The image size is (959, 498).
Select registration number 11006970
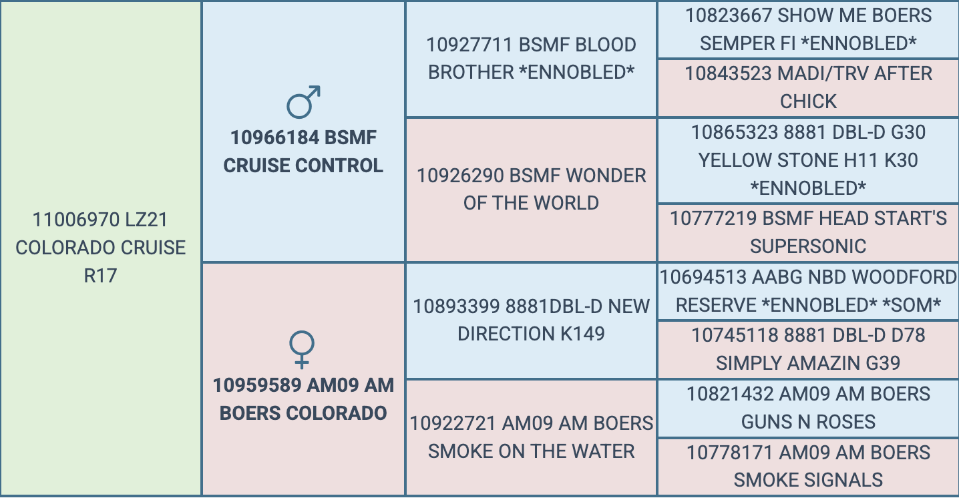[75, 220]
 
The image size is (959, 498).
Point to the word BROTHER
[471, 72]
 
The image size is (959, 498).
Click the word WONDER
[605, 176]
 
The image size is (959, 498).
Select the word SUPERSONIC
[808, 246]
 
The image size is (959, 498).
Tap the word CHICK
[808, 101]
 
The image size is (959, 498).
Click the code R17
[101, 276]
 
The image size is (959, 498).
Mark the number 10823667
[729, 15]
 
